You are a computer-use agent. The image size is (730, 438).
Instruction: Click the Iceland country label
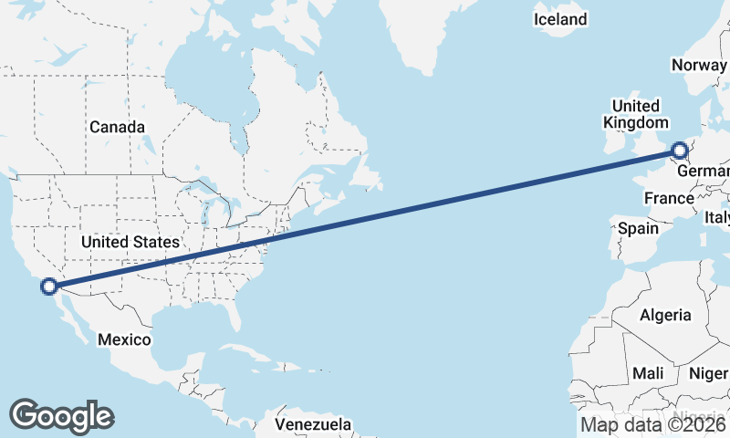(560, 19)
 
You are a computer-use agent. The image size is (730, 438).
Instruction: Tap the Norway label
(699, 65)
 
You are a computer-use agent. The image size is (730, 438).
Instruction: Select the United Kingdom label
(636, 114)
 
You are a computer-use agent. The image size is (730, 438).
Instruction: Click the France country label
(669, 198)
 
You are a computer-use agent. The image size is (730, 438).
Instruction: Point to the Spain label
(638, 228)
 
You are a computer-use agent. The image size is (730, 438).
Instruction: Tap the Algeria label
(665, 315)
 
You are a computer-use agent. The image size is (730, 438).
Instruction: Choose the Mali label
(648, 373)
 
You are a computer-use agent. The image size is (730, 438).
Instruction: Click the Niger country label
(708, 373)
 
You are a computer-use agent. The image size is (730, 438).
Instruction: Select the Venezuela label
(313, 425)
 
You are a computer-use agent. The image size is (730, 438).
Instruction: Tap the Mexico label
(124, 339)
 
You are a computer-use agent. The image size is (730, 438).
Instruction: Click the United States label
(130, 243)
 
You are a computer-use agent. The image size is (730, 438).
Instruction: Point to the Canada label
(117, 127)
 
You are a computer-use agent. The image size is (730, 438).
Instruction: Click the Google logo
(61, 416)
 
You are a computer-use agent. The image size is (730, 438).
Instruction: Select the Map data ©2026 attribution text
(653, 424)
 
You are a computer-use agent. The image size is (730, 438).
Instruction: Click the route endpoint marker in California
(49, 287)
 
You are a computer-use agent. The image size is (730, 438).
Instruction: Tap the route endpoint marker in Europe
(679, 151)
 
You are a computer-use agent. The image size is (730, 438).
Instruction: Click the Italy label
(716, 218)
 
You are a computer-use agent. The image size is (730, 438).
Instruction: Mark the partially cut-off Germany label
(704, 172)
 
